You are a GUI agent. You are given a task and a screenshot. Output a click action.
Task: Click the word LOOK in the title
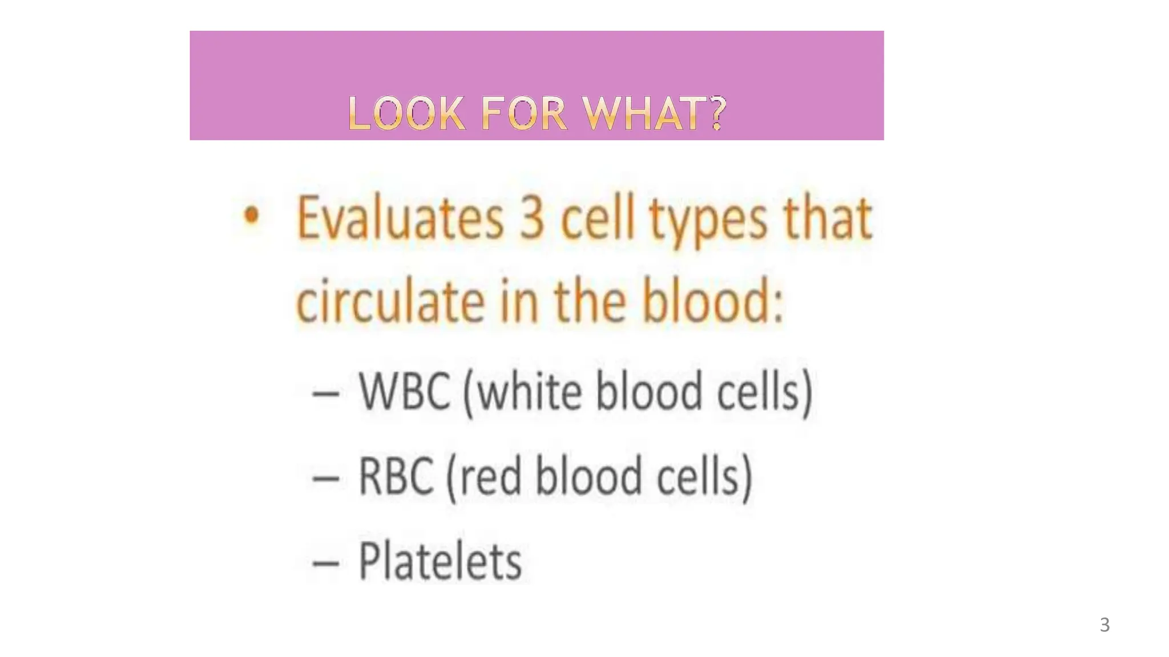point(406,113)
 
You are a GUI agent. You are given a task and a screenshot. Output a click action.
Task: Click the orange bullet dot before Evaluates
point(251,216)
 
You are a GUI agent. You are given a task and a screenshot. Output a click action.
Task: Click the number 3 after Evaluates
point(531,219)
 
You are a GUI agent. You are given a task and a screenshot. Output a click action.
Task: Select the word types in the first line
point(708,221)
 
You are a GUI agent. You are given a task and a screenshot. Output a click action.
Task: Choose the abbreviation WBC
point(405,391)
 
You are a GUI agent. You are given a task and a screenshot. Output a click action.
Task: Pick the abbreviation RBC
point(396,477)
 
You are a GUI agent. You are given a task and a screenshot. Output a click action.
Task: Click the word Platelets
point(440,561)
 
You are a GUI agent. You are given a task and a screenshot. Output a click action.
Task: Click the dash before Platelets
point(326,563)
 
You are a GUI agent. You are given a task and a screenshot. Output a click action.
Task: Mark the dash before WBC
point(326,394)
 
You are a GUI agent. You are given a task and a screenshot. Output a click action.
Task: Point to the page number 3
point(1104,625)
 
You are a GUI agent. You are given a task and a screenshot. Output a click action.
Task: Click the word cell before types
point(598,219)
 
